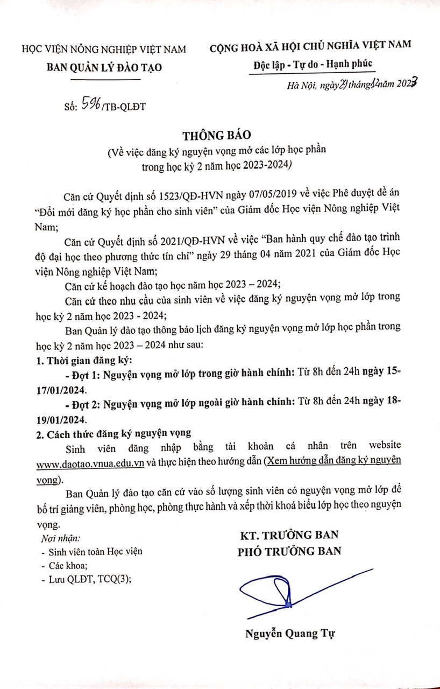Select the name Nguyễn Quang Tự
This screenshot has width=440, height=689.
point(289,633)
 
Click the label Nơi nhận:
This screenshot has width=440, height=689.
point(60,538)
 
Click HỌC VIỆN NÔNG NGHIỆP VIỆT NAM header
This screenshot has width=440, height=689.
point(103,49)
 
